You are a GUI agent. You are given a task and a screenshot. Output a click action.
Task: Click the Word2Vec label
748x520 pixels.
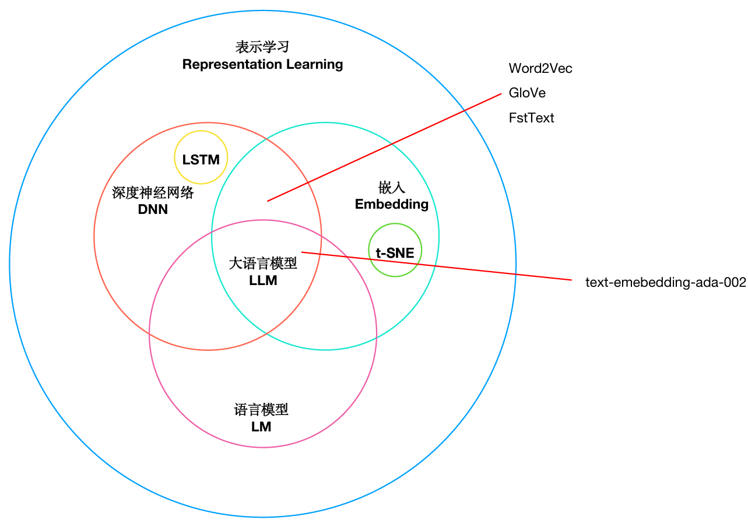(x=540, y=68)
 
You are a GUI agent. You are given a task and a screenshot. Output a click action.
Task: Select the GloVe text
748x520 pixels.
(x=527, y=93)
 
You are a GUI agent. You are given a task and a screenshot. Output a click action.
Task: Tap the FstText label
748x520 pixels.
(x=531, y=118)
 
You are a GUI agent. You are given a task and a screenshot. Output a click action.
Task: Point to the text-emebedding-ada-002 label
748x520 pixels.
(x=666, y=283)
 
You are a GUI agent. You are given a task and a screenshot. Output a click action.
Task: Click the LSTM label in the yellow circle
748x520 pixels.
(x=201, y=160)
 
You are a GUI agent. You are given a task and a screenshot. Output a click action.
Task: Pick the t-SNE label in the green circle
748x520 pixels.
(x=395, y=253)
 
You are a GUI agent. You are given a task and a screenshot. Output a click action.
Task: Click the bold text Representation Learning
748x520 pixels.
(x=262, y=64)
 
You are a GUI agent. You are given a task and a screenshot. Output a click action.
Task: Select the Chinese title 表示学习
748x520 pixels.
(x=262, y=47)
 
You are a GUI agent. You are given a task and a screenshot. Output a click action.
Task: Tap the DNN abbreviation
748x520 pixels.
(x=153, y=209)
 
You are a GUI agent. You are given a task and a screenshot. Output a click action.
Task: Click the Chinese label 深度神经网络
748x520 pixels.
(x=153, y=193)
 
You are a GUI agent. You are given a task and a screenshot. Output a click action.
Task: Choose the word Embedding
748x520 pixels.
(x=392, y=204)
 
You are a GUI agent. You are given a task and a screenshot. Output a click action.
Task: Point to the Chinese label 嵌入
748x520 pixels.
(x=392, y=188)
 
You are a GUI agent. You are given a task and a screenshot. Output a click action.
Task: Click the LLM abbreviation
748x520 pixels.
(x=263, y=280)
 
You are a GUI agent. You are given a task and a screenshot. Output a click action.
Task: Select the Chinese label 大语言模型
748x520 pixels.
(x=263, y=264)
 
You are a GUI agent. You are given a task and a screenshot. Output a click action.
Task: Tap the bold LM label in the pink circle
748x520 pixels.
(x=261, y=427)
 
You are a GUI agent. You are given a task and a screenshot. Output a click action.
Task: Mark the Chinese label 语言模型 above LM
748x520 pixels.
(x=261, y=410)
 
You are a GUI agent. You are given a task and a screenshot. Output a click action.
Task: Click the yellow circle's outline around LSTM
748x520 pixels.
(x=201, y=131)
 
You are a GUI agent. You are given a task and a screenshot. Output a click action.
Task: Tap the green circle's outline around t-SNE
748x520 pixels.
(x=395, y=224)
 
